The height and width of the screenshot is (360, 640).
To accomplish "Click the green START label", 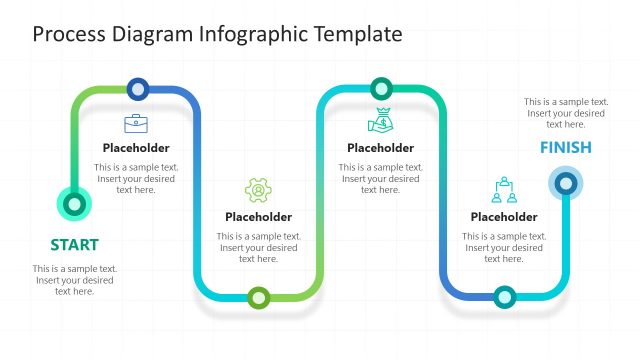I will [x=74, y=245].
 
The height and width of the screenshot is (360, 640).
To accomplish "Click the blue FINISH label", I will [x=566, y=148].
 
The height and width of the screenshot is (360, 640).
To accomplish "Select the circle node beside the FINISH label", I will [x=566, y=183].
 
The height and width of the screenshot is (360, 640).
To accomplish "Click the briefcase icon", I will [x=135, y=124].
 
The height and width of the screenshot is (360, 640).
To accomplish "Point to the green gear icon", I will [x=258, y=190].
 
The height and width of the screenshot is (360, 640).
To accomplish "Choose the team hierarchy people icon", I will [x=504, y=190].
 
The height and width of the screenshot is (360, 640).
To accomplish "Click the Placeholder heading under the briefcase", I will [x=136, y=148].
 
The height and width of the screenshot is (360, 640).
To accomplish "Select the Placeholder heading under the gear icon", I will [x=259, y=217].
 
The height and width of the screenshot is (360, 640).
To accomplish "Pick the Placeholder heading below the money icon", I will [x=380, y=148].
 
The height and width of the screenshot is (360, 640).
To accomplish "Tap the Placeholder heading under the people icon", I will [x=504, y=217].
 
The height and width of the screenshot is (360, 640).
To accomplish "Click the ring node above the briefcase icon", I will [x=138, y=88].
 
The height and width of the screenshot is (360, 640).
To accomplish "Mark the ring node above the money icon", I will [x=381, y=88].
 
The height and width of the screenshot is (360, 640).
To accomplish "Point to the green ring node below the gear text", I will [x=259, y=297].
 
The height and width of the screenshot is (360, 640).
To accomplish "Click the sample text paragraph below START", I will [x=75, y=280].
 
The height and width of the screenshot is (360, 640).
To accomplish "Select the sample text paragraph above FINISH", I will [x=566, y=113].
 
